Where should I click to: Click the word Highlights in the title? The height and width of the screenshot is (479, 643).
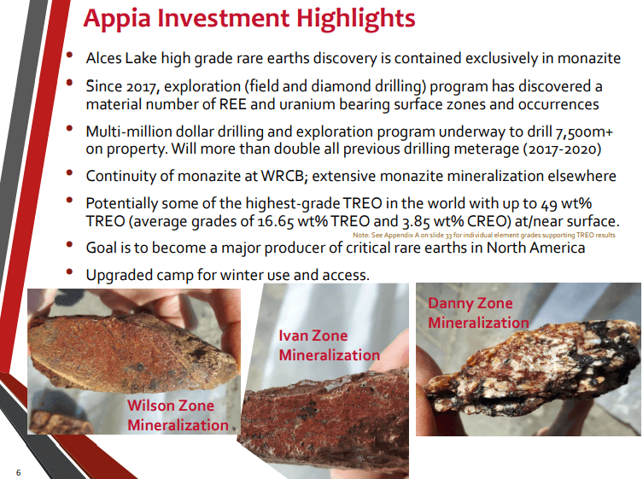(355, 19)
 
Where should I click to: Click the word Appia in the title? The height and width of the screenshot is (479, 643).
(117, 19)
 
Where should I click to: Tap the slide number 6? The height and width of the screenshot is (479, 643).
(19, 472)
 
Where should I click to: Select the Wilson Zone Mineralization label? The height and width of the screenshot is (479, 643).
(178, 415)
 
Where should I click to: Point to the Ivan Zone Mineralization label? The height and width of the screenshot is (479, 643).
(330, 345)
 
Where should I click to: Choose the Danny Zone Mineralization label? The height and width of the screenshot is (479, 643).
(478, 313)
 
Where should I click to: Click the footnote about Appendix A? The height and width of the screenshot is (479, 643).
(484, 235)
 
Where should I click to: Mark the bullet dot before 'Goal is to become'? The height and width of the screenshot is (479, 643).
(69, 244)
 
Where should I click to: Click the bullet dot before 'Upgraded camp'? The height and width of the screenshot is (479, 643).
(69, 272)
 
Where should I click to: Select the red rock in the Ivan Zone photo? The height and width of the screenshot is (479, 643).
(324, 423)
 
